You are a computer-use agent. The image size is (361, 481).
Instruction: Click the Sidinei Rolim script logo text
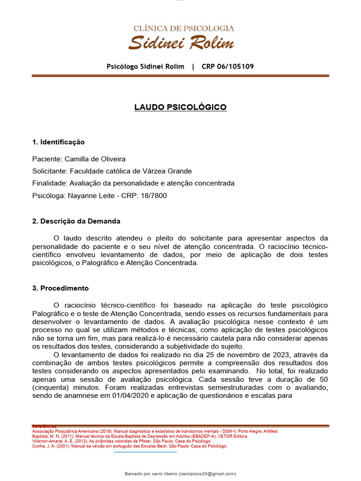tap(181, 43)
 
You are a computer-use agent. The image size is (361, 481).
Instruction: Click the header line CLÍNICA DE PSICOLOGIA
tap(183, 28)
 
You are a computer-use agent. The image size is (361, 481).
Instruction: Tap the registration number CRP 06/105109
tap(228, 66)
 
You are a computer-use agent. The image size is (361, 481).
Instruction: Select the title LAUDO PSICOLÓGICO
tap(180, 107)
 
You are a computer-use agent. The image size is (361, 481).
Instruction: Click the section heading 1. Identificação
tap(58, 142)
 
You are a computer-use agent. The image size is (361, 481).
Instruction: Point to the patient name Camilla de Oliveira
tap(95, 159)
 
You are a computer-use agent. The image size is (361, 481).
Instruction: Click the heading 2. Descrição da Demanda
tap(76, 221)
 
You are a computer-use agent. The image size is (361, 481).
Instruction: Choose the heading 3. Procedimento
tap(60, 288)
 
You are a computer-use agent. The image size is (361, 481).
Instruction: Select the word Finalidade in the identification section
tap(49, 183)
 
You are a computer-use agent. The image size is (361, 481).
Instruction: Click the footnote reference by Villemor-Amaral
tap(121, 441)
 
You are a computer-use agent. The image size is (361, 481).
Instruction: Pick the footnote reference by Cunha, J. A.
tap(129, 446)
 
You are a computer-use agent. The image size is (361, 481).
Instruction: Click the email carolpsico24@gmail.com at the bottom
tap(207, 473)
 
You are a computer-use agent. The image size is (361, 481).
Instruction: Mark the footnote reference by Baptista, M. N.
tap(140, 436)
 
